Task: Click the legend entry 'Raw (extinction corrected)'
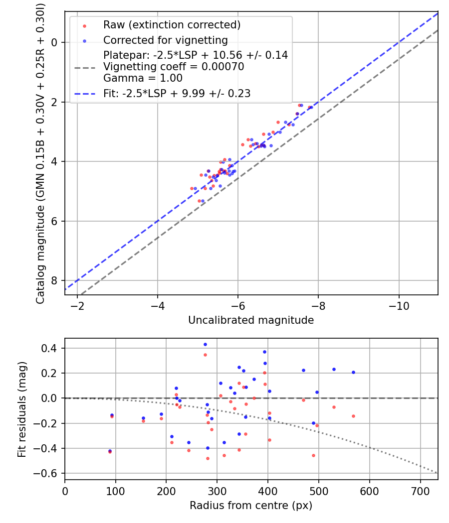coord(172,25)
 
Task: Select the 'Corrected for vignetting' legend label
coord(165,40)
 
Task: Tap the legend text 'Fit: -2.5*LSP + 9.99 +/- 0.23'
coord(177,93)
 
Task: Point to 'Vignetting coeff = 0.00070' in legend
coord(174,67)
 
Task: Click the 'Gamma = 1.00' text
coord(143,78)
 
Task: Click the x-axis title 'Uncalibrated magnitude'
coord(251,320)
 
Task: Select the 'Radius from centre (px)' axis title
coord(251,505)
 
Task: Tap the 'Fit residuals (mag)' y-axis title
coord(21,409)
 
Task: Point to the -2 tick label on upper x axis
coord(77,306)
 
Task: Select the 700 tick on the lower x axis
coord(420,491)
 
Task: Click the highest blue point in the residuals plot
coord(205,344)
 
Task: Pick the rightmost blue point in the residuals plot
coord(353,372)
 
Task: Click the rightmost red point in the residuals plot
coord(353,416)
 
